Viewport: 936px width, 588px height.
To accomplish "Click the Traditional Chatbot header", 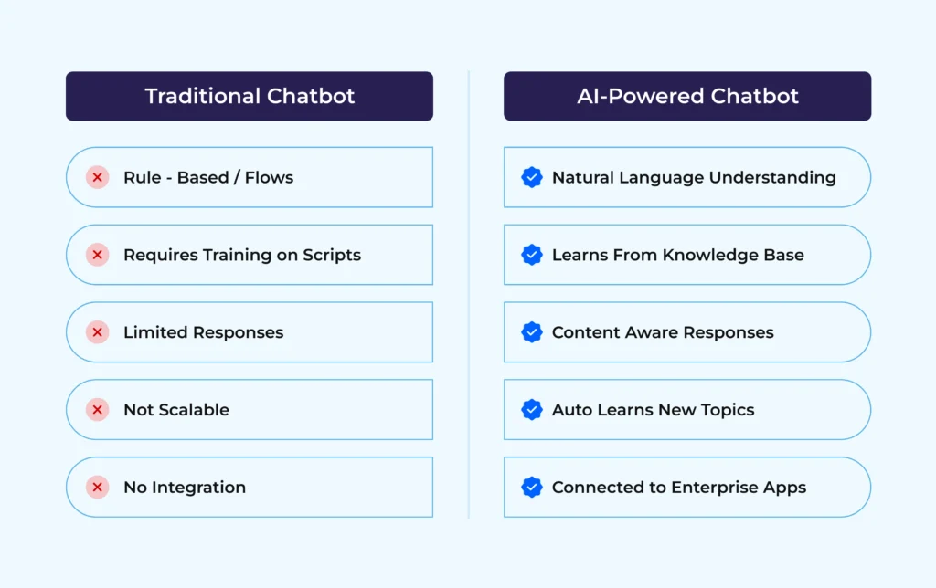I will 250,96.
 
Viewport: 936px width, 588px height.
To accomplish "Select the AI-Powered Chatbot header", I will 687,96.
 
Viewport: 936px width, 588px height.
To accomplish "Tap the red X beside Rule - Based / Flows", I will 98,177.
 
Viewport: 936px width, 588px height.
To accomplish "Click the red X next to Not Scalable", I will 98,410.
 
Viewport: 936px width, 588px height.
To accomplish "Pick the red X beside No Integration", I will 98,488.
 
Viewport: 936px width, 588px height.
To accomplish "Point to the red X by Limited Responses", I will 98,332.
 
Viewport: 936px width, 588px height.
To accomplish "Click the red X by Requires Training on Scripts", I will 98,255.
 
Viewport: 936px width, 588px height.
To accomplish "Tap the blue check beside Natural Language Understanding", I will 532,177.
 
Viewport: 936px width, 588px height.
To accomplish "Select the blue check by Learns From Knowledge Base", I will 532,255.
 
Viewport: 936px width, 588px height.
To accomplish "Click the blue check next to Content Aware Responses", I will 532,332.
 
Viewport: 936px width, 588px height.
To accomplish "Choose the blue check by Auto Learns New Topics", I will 532,410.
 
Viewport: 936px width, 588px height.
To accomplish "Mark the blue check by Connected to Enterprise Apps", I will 532,488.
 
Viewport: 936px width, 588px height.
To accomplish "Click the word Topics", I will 727,411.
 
